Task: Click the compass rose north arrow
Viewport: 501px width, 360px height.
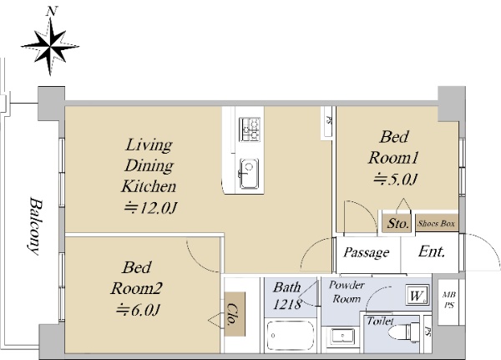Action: coord(50,47)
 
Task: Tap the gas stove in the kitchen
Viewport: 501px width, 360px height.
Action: coord(250,129)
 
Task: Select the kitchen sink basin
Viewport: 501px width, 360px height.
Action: coord(249,173)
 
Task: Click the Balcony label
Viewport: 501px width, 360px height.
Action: coord(35,226)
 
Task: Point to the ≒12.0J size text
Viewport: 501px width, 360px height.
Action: coord(149,208)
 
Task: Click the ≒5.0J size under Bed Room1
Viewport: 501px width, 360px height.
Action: coord(396,179)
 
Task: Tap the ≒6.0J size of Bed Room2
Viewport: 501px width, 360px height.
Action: coord(138,310)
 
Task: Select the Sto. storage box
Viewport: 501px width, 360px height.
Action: coord(397,224)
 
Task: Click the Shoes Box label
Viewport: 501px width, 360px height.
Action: coord(436,223)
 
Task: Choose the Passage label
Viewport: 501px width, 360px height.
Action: coord(367,252)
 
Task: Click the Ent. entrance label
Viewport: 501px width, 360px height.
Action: coord(432,251)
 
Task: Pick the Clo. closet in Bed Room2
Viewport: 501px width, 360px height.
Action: coord(235,314)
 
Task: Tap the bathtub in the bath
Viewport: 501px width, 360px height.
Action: coord(290,336)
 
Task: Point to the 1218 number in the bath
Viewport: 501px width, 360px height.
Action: coord(287,304)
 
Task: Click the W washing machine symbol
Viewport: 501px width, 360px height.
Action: coord(417,295)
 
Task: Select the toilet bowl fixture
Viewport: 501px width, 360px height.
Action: coord(404,332)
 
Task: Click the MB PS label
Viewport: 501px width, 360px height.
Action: coord(449,300)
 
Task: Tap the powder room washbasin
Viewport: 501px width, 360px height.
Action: coord(342,336)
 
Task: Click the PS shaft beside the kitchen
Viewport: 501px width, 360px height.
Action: coord(328,123)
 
